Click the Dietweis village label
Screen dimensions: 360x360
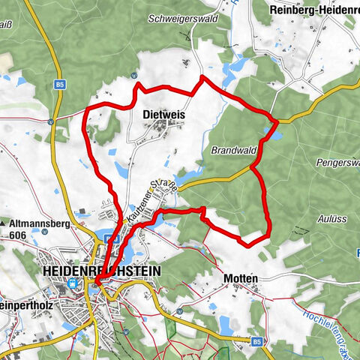[x=163, y=115]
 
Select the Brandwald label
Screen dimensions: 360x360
[x=234, y=150]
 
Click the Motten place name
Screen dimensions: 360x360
[x=241, y=278]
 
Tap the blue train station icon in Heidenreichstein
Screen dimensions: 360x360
[x=73, y=283]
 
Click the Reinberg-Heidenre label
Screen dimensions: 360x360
[x=314, y=10]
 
